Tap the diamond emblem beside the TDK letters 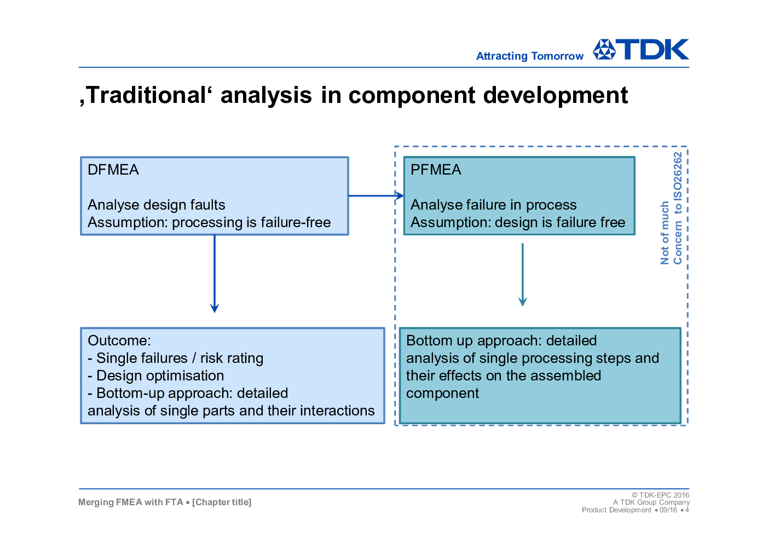(604, 49)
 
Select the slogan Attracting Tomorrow (530, 56)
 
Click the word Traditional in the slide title (148, 95)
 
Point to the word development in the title (556, 95)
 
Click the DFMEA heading (113, 170)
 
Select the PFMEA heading (436, 170)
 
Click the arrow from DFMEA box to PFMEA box (376, 196)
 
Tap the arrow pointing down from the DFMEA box (215, 274)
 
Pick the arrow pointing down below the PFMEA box (523, 275)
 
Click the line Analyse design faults (157, 205)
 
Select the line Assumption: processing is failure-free (209, 222)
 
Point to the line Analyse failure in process (494, 205)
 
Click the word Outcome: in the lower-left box (119, 340)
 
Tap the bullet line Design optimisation (156, 376)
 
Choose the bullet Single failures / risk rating (176, 358)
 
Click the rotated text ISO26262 (678, 176)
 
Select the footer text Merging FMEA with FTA (131, 502)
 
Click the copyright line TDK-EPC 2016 (660, 495)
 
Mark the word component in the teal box (442, 394)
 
